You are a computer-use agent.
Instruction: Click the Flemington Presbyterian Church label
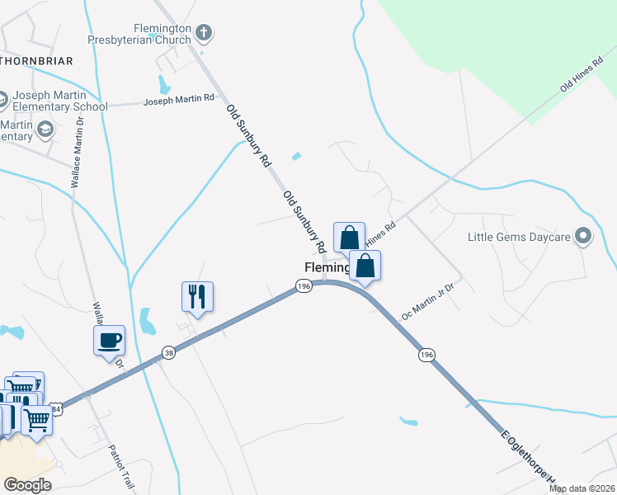[x=139, y=33]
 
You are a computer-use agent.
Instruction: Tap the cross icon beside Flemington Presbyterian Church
[x=204, y=33]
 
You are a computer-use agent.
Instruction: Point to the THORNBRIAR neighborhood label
[x=37, y=61]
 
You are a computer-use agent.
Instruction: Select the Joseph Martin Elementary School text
[x=60, y=101]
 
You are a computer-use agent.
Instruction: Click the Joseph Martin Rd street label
[x=179, y=100]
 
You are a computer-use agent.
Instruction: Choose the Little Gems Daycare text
[x=519, y=237]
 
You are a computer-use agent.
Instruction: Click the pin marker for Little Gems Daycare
[x=584, y=237]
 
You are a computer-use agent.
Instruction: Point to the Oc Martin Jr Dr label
[x=427, y=303]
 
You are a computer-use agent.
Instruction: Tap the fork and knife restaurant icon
[x=197, y=296]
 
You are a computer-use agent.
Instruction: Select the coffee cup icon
[x=109, y=339]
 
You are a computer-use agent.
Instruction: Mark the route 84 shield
[x=56, y=408]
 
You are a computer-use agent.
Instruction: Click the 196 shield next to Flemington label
[x=304, y=285]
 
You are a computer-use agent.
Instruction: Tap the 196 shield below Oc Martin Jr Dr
[x=426, y=354]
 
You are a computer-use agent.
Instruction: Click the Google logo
[x=27, y=485]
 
